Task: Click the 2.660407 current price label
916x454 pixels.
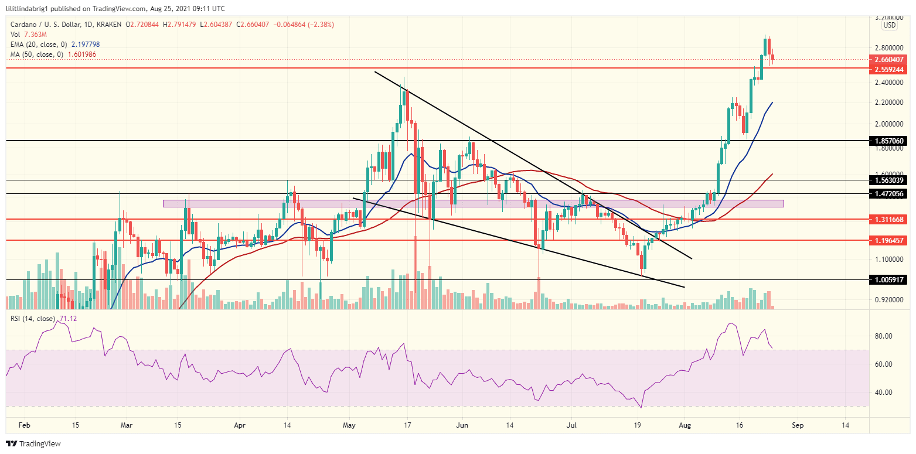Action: point(890,59)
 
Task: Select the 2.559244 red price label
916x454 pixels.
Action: point(890,69)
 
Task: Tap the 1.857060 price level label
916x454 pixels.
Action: point(890,141)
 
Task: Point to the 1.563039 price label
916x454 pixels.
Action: point(890,180)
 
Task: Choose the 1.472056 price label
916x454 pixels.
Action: point(890,193)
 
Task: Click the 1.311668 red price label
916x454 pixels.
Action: point(890,219)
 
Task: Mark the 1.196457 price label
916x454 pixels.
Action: point(890,240)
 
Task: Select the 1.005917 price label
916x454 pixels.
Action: point(890,281)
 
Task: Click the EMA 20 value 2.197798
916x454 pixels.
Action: point(79,44)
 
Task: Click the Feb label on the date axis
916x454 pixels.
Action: point(22,424)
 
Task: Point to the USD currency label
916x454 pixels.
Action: point(889,25)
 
